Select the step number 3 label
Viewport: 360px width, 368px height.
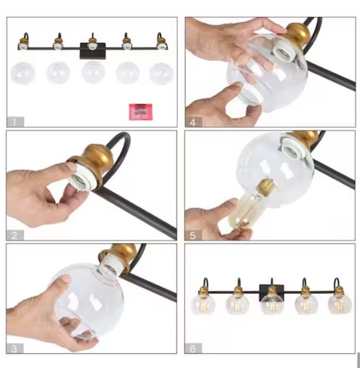[x=14, y=349]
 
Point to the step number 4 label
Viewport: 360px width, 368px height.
[x=193, y=122]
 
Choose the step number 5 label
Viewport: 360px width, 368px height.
[x=192, y=236]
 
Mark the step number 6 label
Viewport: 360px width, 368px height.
[x=192, y=349]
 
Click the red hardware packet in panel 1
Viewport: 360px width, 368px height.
[x=141, y=112]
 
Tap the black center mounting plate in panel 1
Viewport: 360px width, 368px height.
[x=93, y=51]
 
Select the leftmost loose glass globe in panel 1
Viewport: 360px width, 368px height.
[x=23, y=73]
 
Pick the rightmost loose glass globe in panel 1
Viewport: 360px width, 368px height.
[x=161, y=74]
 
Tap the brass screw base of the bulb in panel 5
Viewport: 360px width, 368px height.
[x=267, y=187]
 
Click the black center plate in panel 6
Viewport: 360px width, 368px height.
[x=271, y=290]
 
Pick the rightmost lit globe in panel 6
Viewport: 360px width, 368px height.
[x=340, y=304]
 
